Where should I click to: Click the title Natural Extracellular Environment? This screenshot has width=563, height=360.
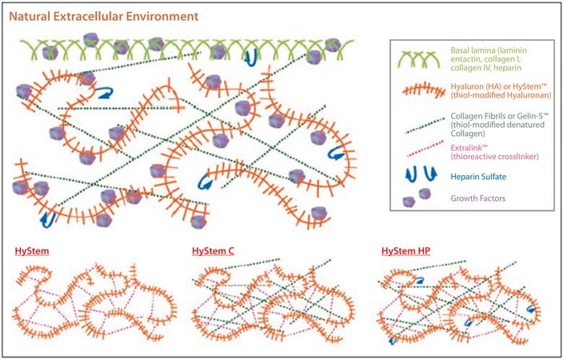(104, 17)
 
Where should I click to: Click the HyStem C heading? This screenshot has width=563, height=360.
(213, 250)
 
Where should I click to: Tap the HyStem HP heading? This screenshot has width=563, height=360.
(405, 250)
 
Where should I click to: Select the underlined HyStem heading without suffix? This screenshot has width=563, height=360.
(32, 250)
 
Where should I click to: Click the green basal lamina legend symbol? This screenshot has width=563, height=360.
(420, 60)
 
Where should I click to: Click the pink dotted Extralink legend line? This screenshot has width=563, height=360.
(425, 148)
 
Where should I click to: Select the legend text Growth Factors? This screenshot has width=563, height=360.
(478, 198)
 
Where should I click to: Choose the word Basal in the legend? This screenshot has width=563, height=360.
(461, 50)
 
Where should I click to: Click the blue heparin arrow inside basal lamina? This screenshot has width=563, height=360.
(250, 58)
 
